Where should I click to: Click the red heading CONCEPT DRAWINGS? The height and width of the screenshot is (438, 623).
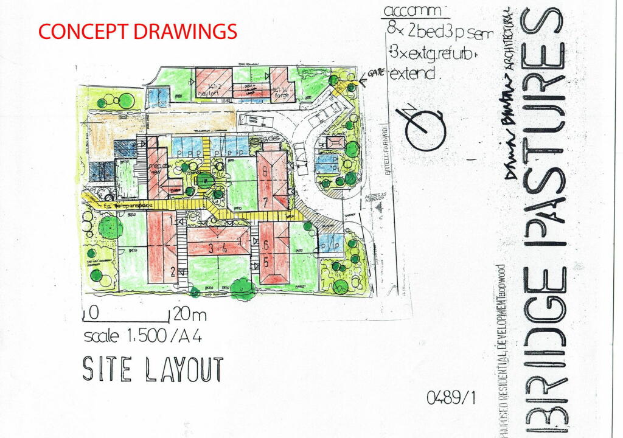[137, 31]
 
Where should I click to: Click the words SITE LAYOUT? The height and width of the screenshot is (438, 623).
[153, 369]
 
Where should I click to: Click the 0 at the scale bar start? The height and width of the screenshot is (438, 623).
[93, 314]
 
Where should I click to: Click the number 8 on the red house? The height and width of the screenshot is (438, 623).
[265, 172]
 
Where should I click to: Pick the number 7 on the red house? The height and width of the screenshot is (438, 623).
[265, 201]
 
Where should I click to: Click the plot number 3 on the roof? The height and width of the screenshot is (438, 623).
[211, 248]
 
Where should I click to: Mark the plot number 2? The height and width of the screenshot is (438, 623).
[173, 272]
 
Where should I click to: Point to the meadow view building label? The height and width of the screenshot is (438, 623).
[158, 168]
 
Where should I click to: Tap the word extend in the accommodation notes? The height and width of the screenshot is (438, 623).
[414, 75]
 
